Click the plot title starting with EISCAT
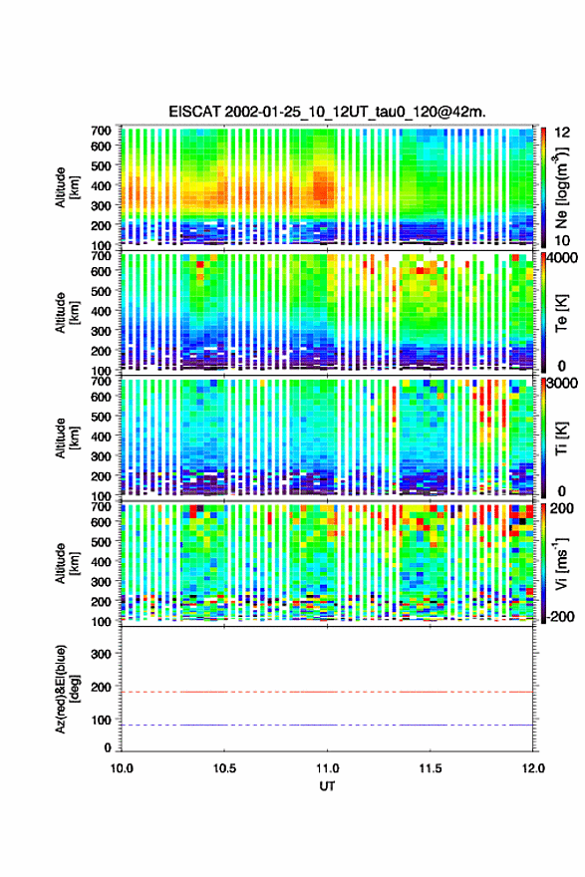(x=327, y=112)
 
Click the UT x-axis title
(x=327, y=786)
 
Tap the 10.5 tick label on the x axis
(x=224, y=768)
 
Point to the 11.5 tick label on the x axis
(x=431, y=768)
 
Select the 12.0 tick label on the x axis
(x=532, y=768)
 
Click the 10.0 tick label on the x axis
(x=122, y=768)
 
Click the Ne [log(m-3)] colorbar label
(x=561, y=187)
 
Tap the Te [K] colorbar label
(x=561, y=313)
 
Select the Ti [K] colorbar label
(x=561, y=438)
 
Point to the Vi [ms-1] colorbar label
(x=561, y=563)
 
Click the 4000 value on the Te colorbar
(x=563, y=259)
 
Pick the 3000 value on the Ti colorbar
(x=563, y=383)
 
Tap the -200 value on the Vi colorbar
(x=561, y=616)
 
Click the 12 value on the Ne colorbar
(x=562, y=133)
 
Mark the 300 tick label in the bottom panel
(x=101, y=654)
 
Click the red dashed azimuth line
(x=327, y=692)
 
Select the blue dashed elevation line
(x=327, y=725)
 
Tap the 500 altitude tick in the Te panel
(x=101, y=291)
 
